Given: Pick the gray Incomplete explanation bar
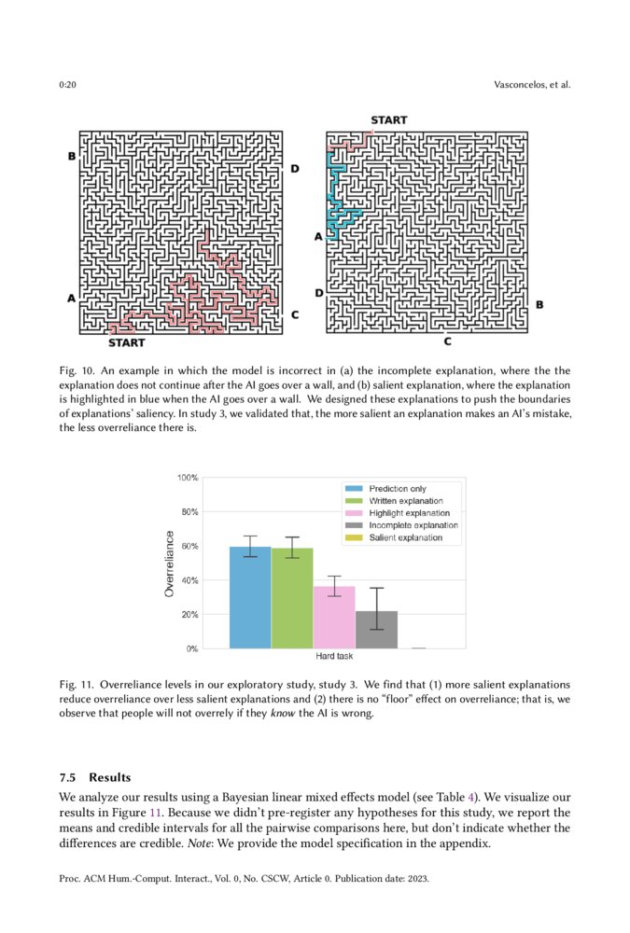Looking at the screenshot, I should [x=376, y=630].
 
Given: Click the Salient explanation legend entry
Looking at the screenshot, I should [x=405, y=538].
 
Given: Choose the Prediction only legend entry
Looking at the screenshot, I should [x=398, y=489].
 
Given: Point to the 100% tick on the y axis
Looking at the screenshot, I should [x=187, y=478].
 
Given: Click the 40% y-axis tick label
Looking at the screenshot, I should [x=189, y=580].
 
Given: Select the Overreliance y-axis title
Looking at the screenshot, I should [x=169, y=564].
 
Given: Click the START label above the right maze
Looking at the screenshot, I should [x=388, y=120].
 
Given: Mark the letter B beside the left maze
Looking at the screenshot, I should [x=72, y=157].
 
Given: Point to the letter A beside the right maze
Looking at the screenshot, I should [x=317, y=237].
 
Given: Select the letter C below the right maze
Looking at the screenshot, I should [x=447, y=342].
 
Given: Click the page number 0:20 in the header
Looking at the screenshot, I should [x=67, y=85].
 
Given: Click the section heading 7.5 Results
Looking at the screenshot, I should [x=95, y=777].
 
